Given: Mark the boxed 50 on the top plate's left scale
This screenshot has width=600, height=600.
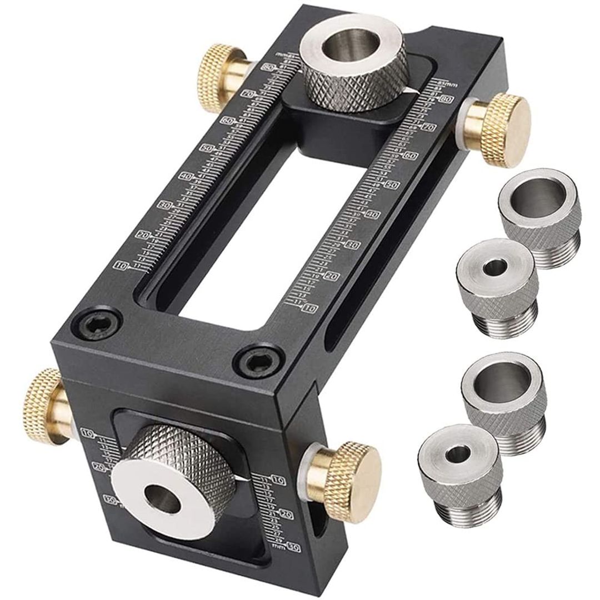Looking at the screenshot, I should (208, 148).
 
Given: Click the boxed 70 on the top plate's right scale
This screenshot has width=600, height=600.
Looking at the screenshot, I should (428, 127).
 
